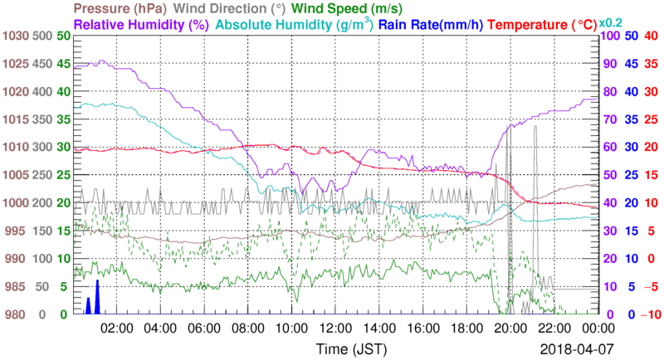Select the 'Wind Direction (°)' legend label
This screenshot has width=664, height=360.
[x=235, y=9]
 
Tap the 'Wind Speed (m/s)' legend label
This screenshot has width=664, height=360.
[x=347, y=9]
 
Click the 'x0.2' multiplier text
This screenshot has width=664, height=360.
[x=612, y=22]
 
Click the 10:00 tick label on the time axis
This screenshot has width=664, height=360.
[x=290, y=328]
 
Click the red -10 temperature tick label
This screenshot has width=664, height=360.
[x=649, y=314]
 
